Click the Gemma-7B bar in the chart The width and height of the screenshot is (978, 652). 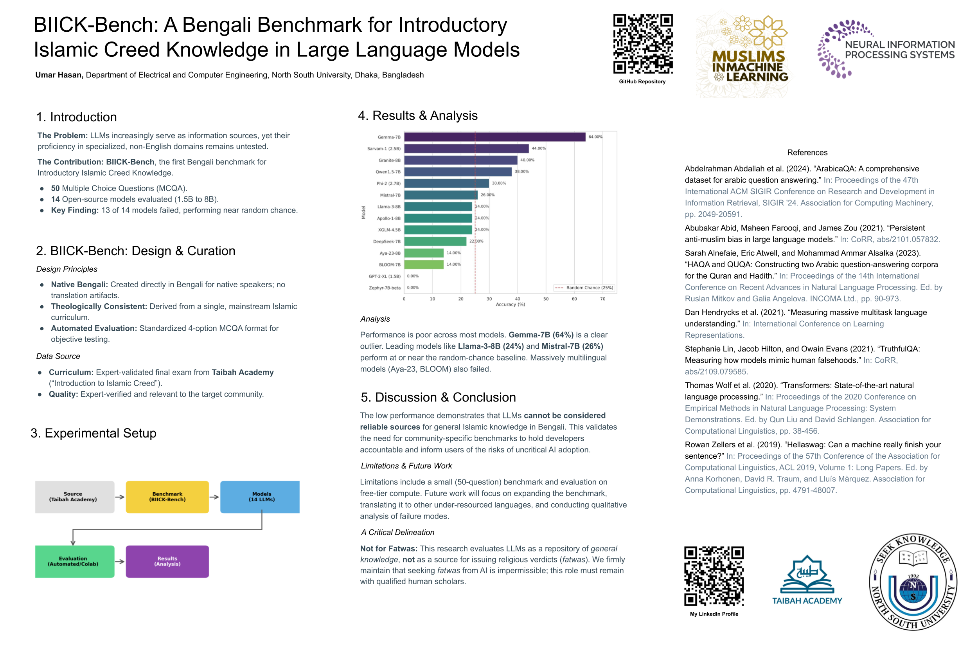(x=494, y=137)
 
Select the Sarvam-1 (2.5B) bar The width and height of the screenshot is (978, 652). (x=466, y=148)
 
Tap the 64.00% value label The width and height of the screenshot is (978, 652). (x=595, y=137)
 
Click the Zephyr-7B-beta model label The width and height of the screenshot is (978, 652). (x=385, y=288)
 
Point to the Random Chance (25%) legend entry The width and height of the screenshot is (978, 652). (x=584, y=288)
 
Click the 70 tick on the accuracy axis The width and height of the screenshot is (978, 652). (x=602, y=299)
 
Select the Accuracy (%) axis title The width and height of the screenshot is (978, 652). (x=510, y=305)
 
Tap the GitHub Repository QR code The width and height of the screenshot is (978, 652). (x=643, y=44)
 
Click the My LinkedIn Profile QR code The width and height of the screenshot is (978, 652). (x=714, y=576)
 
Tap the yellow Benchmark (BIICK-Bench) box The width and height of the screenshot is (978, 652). (x=167, y=497)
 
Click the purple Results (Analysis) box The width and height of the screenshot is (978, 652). (x=167, y=561)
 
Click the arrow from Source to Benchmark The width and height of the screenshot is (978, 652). (x=120, y=497)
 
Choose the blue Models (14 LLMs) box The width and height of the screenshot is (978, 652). (x=260, y=497)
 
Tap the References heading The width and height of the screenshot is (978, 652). (x=807, y=153)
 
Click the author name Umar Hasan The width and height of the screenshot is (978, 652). (x=59, y=75)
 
